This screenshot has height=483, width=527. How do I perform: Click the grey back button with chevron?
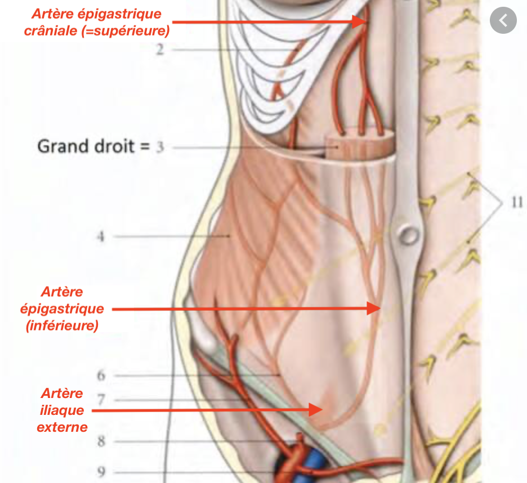[x=503, y=20]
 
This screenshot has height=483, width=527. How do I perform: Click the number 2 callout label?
[x=160, y=50]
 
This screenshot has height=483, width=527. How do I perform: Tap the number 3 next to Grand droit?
[x=160, y=147]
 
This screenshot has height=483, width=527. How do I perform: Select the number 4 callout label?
[x=100, y=236]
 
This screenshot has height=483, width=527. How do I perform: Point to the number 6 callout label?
[x=101, y=375]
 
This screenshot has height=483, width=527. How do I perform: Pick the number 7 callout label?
[x=101, y=400]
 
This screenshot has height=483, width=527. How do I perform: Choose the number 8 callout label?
[x=101, y=441]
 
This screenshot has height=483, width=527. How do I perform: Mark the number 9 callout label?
[x=101, y=472]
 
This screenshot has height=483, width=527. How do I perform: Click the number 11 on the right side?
[x=517, y=202]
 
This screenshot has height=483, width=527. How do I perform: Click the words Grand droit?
[x=86, y=146]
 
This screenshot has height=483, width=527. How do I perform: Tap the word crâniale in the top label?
[x=51, y=31]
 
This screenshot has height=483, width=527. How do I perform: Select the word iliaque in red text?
[x=62, y=410]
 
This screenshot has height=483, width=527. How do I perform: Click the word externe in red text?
[x=62, y=427]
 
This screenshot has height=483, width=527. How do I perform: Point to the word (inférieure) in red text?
[x=62, y=325]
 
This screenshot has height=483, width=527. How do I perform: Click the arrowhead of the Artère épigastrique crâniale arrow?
[x=360, y=22]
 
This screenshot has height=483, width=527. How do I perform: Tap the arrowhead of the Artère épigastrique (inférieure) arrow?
[x=373, y=308]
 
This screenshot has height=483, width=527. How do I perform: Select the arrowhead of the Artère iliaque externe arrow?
[x=316, y=410]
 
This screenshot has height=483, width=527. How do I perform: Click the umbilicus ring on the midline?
[x=408, y=234]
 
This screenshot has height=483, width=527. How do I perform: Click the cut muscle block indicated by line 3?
[x=359, y=145]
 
